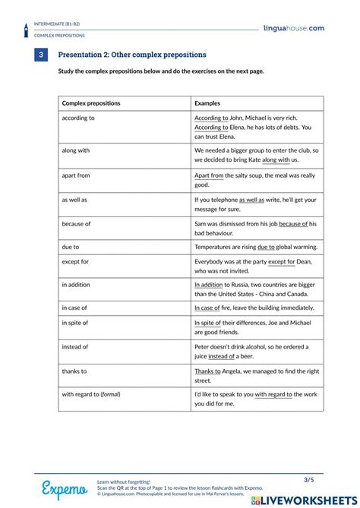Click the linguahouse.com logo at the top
coord(294,28)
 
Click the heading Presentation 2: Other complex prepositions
coord(132,55)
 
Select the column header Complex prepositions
coord(91,103)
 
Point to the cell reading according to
coord(78,118)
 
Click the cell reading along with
coord(76,150)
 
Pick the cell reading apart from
coord(76,175)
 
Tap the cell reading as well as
coord(74,200)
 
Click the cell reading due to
coord(71,247)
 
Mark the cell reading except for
coord(75,261)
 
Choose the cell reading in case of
coord(74,308)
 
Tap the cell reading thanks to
coord(74,371)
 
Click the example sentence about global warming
coord(255,247)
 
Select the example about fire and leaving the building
coord(254,308)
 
